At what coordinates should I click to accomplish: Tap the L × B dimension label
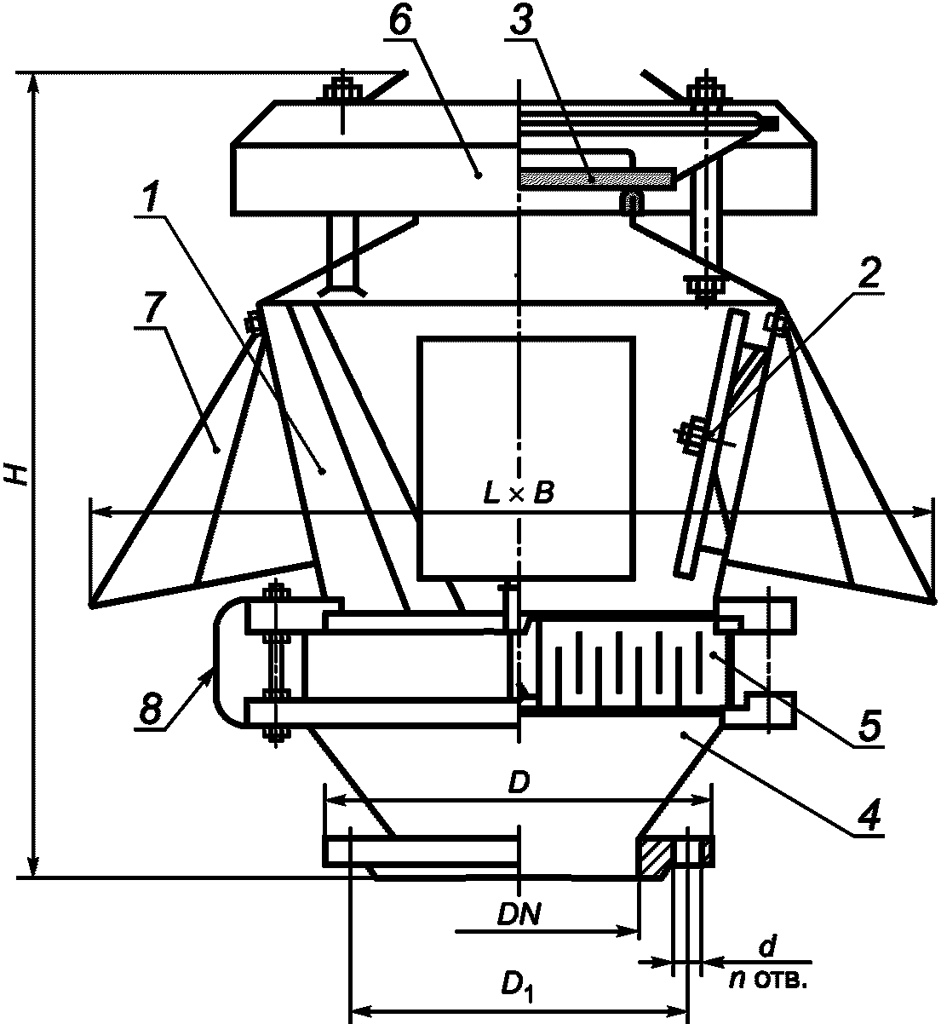point(519,493)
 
